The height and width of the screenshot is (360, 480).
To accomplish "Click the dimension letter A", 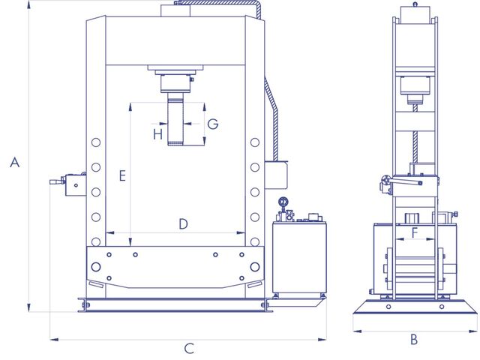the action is pyautogui.click(x=15, y=162).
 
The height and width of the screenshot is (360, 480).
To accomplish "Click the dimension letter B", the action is pyautogui.click(x=414, y=339).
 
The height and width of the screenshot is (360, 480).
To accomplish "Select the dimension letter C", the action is pyautogui.click(x=189, y=348).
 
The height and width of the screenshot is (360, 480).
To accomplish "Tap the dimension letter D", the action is pyautogui.click(x=183, y=223).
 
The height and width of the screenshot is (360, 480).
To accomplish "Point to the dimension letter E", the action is pyautogui.click(x=122, y=176).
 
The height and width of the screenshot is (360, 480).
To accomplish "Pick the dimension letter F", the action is pyautogui.click(x=415, y=232).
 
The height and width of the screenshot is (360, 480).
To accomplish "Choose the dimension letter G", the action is pyautogui.click(x=213, y=124).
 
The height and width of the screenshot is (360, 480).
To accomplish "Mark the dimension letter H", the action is pyautogui.click(x=158, y=134).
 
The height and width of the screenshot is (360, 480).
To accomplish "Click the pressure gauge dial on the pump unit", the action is pyautogui.click(x=283, y=202).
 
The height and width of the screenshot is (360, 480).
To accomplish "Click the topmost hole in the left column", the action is pyautogui.click(x=96, y=142).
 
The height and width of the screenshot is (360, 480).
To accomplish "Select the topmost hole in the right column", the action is pyautogui.click(x=255, y=142).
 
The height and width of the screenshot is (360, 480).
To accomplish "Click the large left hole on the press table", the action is pyautogui.click(x=96, y=267).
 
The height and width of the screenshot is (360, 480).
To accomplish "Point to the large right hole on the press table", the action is pyautogui.click(x=255, y=267).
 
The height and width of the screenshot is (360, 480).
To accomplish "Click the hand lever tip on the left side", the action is pyautogui.click(x=50, y=181).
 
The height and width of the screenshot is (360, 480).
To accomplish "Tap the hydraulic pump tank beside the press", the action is pyautogui.click(x=299, y=257).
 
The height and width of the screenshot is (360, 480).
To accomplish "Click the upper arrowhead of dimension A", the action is pyautogui.click(x=28, y=4).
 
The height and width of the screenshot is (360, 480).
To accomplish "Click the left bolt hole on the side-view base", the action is pyautogui.click(x=388, y=307).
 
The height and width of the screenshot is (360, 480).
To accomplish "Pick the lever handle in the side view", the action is pyautogui.click(x=405, y=182).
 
